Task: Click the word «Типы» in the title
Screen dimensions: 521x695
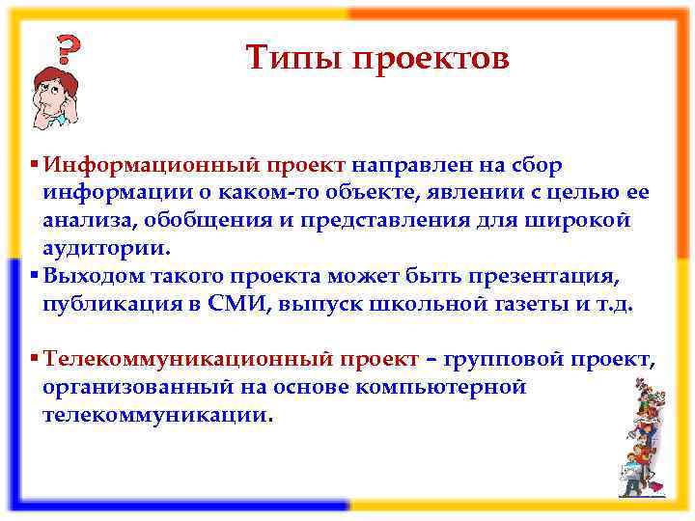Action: pyautogui.click(x=293, y=58)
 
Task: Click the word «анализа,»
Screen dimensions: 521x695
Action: pyautogui.click(x=85, y=220)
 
